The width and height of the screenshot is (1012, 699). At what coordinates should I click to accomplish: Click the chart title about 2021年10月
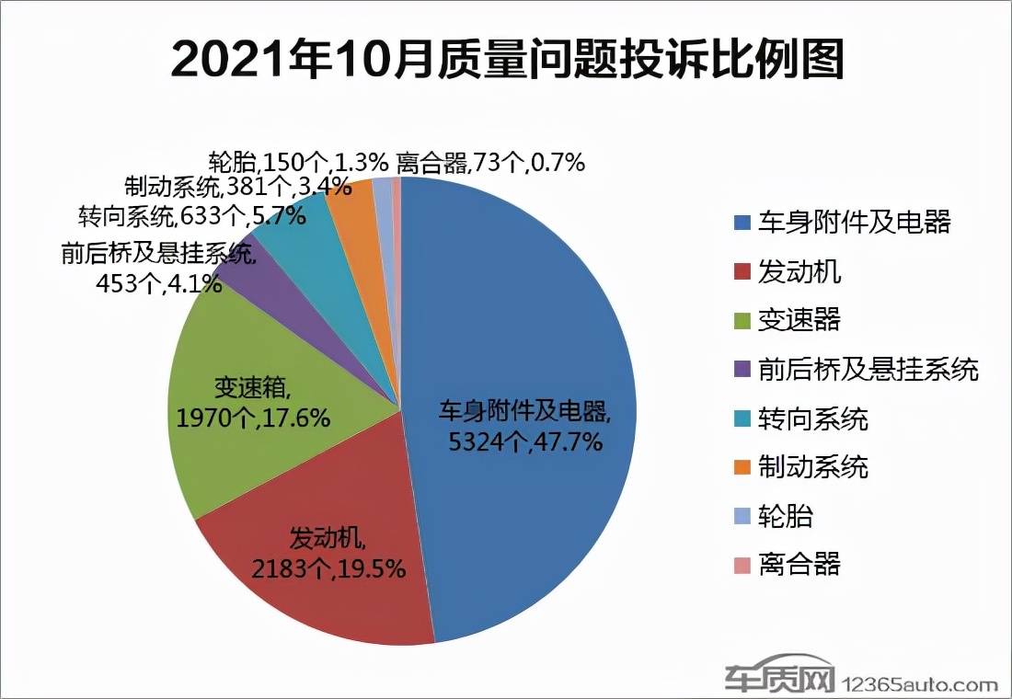pyautogui.click(x=507, y=62)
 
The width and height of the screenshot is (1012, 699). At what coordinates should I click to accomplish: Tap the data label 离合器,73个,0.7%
pyautogui.click(x=490, y=163)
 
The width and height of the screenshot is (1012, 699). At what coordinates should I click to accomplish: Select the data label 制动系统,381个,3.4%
pyautogui.click(x=237, y=188)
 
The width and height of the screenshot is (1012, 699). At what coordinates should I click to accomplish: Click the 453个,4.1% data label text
pyautogui.click(x=158, y=283)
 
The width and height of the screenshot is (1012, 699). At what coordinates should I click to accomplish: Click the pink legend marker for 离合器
pyautogui.click(x=742, y=564)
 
